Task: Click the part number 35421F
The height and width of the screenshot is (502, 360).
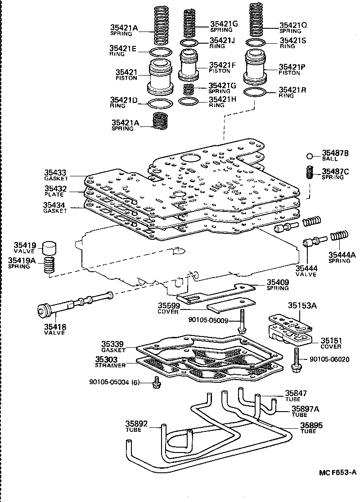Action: tap(221, 65)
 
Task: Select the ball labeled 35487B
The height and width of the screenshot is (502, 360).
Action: tap(310, 156)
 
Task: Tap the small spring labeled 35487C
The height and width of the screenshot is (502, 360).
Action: tap(309, 172)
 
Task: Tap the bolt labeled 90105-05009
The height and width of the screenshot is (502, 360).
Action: tap(242, 322)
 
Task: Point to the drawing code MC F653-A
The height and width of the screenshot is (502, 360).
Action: tap(337, 472)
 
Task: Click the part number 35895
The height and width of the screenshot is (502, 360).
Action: tap(311, 425)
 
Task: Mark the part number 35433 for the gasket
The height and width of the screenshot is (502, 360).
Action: tap(55, 172)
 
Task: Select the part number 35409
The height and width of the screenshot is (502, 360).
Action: tap(278, 282)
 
